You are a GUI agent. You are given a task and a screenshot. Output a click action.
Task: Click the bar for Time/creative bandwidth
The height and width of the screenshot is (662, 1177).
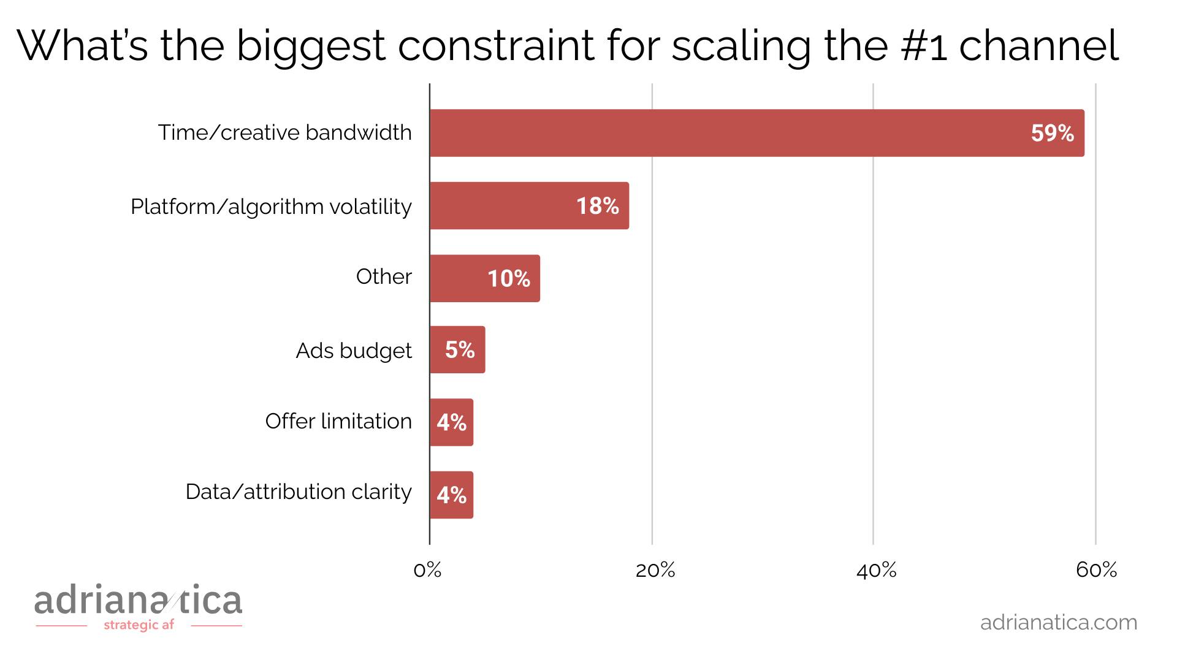756,133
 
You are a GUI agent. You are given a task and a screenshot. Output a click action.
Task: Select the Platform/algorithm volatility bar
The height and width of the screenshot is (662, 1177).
529,206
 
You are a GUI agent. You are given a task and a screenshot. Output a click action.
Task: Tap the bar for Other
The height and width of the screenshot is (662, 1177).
484,278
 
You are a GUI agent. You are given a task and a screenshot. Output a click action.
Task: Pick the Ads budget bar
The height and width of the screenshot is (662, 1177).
457,350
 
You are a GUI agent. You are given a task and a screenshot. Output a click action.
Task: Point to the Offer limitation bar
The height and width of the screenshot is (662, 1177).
451,422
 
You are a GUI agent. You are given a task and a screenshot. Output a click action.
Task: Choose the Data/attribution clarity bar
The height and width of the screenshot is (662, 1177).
451,495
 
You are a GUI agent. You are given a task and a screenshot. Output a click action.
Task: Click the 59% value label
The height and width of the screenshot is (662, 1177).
1052,134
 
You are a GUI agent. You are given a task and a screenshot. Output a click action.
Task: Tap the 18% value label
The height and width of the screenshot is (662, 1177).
597,206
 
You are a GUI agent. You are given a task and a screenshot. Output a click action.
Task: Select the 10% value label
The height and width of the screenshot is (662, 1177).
508,279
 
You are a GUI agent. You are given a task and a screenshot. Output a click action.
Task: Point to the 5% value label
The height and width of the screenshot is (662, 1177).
460,350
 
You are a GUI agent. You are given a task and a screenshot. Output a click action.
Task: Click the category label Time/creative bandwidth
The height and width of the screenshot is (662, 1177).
285,133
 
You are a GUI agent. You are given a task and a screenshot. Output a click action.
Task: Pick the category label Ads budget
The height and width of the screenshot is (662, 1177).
354,351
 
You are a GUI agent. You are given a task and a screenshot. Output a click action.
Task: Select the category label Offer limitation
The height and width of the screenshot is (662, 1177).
338,422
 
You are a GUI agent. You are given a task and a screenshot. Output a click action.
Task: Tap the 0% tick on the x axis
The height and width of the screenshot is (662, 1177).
427,571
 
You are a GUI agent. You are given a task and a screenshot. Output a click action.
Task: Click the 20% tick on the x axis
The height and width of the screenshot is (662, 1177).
655,571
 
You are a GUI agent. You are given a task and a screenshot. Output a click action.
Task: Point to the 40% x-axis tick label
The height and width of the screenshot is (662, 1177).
876,571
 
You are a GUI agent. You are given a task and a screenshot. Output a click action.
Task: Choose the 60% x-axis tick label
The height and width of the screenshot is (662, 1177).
1096,571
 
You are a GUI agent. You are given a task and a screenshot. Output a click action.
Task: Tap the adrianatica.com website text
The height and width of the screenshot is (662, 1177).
1058,623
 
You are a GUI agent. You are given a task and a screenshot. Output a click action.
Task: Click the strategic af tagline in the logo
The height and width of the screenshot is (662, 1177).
139,625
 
